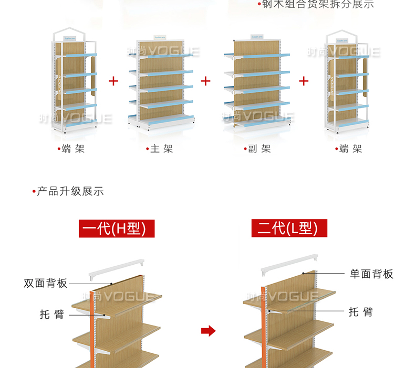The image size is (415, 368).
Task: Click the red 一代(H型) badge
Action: [117, 229]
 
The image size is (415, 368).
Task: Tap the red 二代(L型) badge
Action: [289, 229]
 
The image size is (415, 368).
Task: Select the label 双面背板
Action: [46, 283]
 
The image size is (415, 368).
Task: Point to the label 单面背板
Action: [371, 274]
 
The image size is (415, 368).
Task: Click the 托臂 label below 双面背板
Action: [52, 314]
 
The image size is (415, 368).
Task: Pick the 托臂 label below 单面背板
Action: [361, 312]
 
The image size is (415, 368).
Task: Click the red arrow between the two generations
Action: [209, 331]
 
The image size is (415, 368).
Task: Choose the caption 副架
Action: [258, 149]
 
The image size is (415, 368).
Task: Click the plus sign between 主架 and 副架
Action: [206, 81]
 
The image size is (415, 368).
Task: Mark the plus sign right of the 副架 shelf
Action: [304, 81]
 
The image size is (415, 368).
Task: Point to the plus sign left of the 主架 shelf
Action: [113, 81]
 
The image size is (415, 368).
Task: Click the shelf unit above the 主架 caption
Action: [160, 84]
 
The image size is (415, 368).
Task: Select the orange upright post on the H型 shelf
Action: [92, 330]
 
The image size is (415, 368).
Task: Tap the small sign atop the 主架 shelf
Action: [160, 38]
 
